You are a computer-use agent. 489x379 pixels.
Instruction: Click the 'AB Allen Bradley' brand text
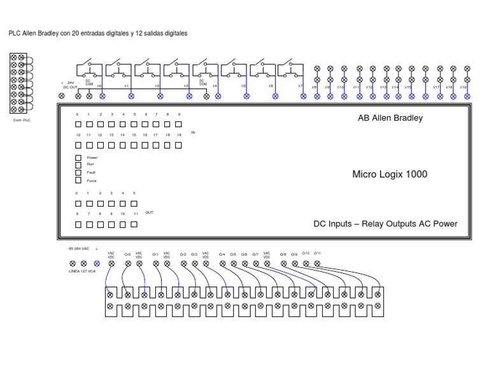390,118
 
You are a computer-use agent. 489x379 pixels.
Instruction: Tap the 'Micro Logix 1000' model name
390,174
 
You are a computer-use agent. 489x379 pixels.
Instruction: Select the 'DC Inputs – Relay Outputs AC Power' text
385,224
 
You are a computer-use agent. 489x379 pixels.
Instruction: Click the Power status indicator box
78,157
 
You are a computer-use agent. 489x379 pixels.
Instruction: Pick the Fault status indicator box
78,172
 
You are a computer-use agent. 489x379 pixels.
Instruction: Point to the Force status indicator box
78,180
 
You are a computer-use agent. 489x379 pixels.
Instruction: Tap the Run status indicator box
78,165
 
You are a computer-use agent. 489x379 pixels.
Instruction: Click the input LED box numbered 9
180,124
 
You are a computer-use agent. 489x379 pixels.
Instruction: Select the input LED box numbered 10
78,145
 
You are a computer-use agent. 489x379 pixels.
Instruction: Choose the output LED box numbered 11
134,225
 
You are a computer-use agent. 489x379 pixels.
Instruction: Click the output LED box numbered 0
78,204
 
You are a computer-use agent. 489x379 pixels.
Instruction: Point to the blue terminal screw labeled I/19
467,96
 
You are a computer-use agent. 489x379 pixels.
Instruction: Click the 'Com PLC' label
22,119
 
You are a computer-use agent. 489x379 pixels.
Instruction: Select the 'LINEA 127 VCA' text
82,271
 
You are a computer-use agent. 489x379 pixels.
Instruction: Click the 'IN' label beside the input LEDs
194,133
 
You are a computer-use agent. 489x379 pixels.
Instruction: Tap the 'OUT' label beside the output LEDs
149,212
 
